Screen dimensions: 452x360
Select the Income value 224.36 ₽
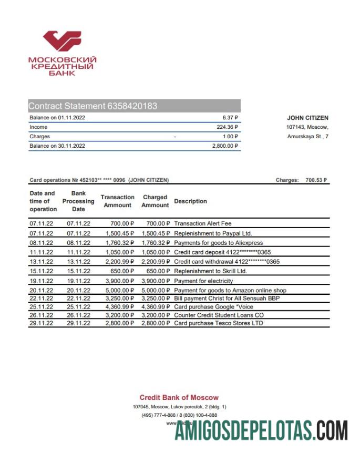[228, 127]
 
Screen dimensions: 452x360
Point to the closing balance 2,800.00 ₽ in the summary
[225, 146]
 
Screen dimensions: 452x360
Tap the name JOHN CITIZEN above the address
[307, 118]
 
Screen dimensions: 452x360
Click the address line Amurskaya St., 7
[307, 137]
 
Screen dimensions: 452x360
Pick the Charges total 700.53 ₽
[316, 180]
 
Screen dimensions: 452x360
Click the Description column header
[190, 201]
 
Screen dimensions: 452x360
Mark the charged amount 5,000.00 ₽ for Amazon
[156, 290]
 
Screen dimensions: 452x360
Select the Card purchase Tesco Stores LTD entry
[218, 323]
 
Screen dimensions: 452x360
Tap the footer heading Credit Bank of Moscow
[179, 397]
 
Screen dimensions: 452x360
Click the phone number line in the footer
[179, 415]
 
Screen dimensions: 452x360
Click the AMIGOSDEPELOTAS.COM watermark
[261, 432]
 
